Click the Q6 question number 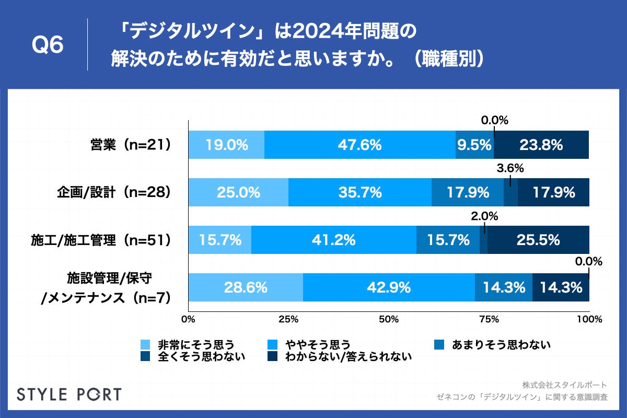(x=48, y=45)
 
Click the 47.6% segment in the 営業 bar (x=359, y=145)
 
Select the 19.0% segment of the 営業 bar (x=226, y=145)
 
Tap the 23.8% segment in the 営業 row (x=541, y=145)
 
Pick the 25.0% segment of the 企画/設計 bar (x=238, y=192)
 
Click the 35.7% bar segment (x=359, y=192)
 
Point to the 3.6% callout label (x=510, y=168)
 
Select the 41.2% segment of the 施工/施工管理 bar (x=333, y=240)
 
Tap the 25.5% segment (x=538, y=240)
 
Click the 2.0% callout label (x=485, y=216)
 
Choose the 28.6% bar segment (x=246, y=287)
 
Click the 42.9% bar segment (x=389, y=287)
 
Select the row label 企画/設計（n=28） (x=114, y=193)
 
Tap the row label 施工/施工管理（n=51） (x=101, y=240)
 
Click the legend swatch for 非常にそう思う (x=146, y=345)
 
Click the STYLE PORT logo (x=69, y=394)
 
